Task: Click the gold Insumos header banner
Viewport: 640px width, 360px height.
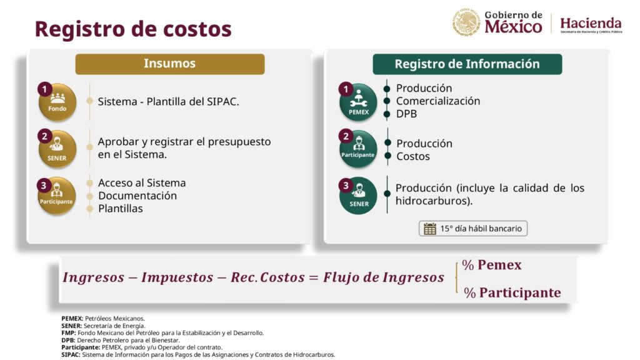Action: tap(170, 64)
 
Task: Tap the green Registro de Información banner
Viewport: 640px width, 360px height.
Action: tap(467, 64)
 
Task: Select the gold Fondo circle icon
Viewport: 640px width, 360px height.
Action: tap(57, 102)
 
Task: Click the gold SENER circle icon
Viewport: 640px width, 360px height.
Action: tap(57, 149)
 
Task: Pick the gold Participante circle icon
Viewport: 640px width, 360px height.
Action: tap(57, 196)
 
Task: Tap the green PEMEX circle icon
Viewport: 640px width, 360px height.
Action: tap(358, 102)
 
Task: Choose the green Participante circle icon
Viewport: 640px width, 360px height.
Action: tap(358, 149)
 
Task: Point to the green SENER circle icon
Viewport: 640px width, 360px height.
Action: tap(358, 196)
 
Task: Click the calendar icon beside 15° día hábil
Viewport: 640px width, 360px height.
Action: tap(430, 229)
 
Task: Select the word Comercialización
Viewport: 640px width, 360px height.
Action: tap(438, 101)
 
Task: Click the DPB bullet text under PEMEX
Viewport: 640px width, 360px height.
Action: tap(406, 114)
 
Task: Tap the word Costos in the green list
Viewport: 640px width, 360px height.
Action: tap(413, 156)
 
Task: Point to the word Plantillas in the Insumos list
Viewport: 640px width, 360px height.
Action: tap(121, 209)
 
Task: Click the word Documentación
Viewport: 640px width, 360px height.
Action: tap(137, 196)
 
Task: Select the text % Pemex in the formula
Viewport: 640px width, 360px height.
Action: tap(492, 265)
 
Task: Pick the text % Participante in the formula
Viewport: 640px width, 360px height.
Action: tap(512, 292)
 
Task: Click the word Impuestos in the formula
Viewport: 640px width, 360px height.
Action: tap(177, 277)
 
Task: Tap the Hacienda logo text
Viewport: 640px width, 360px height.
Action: tap(591, 23)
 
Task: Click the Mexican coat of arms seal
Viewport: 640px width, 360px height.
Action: tap(466, 22)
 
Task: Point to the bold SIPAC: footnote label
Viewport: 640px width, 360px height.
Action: tap(71, 355)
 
